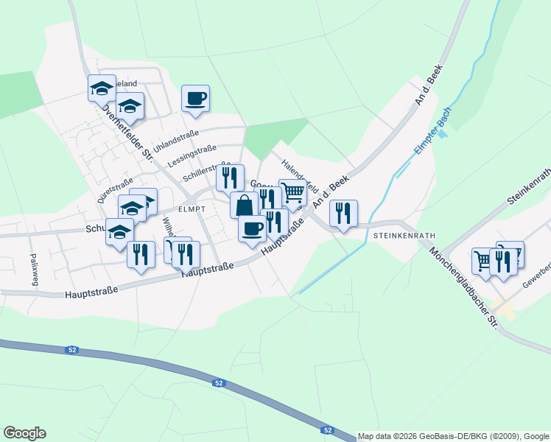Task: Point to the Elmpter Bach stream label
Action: (x=432, y=131)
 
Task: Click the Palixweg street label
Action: (x=33, y=269)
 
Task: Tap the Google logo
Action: (x=24, y=433)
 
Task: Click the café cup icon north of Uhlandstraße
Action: (x=195, y=98)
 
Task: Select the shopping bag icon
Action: (x=244, y=204)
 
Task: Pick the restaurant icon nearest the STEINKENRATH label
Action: (x=343, y=213)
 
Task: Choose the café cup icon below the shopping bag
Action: (x=252, y=228)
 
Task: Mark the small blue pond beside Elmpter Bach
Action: (x=441, y=135)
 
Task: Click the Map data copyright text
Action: (x=454, y=436)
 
